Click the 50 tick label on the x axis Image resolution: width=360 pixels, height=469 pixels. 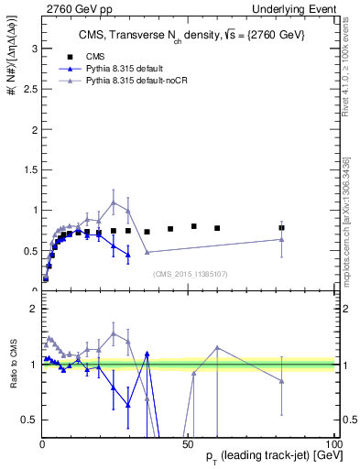tap(187, 443)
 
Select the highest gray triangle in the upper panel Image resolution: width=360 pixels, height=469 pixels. tap(114, 202)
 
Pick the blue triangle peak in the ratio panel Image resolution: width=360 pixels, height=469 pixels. tap(147, 353)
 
